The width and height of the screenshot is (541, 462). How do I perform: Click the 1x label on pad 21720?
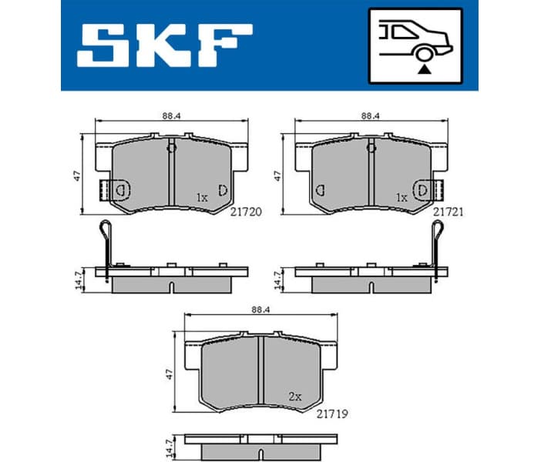point(202,197)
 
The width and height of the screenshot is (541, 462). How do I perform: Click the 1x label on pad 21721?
point(402,197)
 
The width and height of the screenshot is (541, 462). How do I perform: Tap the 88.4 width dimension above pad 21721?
point(371,115)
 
